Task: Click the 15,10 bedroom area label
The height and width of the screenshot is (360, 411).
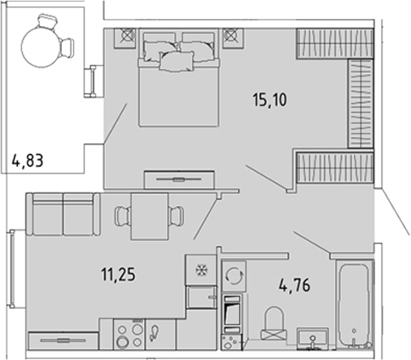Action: point(269,99)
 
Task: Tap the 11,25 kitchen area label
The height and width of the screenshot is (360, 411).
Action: point(118,274)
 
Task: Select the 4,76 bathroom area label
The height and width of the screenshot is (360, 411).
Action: point(295,285)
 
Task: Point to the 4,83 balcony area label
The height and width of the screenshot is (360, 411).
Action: point(28,160)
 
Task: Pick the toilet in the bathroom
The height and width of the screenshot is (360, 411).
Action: point(274,323)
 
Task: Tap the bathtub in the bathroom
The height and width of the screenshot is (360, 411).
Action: point(354,304)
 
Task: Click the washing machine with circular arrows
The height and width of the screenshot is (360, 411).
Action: point(234,275)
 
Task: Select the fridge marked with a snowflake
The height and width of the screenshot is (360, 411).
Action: point(201,270)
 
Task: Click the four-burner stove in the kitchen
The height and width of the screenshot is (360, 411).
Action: point(129,334)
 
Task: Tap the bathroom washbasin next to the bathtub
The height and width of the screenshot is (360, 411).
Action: point(313,338)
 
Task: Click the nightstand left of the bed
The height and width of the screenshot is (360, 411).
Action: point(125,38)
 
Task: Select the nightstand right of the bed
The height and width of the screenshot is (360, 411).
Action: point(233,38)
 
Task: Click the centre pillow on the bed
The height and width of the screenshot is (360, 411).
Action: point(177,62)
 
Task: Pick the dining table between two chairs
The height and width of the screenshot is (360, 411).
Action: point(150,217)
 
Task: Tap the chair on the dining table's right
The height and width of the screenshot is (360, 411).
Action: point(176,216)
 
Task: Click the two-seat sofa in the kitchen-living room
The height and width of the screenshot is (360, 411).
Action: point(63,214)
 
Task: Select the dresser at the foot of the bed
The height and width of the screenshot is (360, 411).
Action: point(179,179)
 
